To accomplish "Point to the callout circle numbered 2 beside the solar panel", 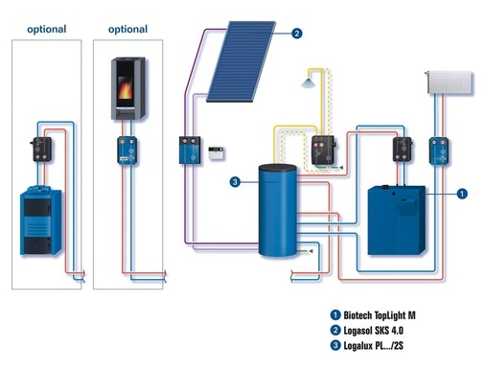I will point(297,34).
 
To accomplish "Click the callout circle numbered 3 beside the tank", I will point(233,181).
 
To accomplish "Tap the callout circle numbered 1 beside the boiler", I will point(464,193).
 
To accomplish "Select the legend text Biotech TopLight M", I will point(381,315).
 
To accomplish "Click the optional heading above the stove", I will point(127,30).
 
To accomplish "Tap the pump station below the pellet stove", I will point(127,151).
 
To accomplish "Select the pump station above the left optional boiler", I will point(42,149).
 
